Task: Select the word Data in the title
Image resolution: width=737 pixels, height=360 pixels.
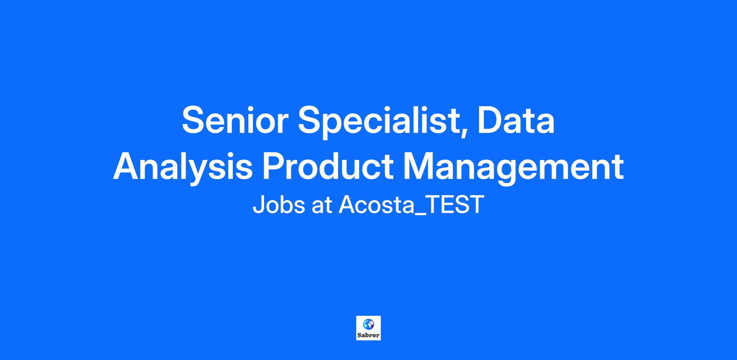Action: point(516,120)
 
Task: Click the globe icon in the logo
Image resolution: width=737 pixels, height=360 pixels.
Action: point(368,324)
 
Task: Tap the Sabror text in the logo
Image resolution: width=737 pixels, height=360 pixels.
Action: point(368,335)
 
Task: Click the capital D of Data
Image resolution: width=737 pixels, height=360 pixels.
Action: point(490,120)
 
